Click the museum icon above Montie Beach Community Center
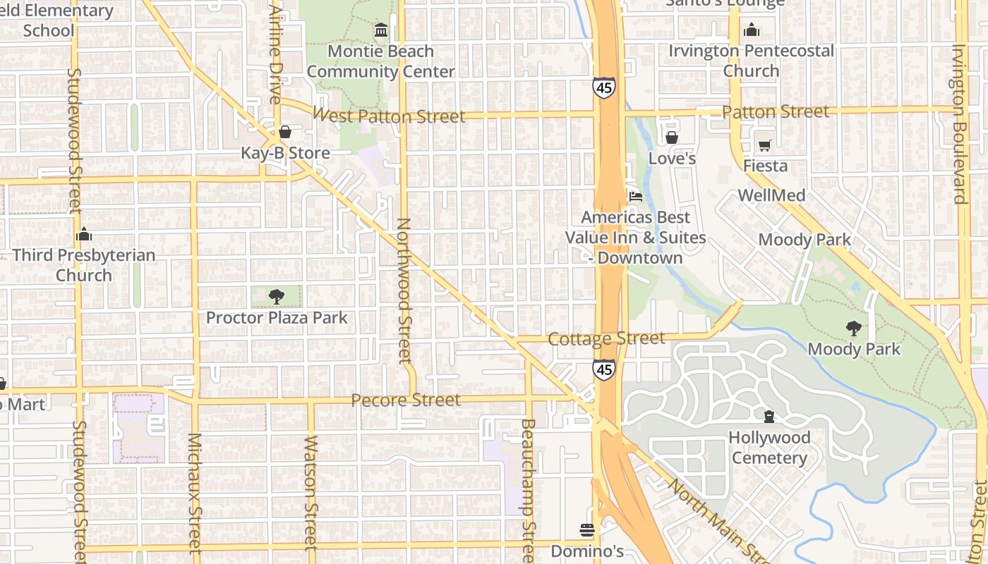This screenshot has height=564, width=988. (381, 30)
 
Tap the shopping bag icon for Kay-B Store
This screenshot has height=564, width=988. (285, 132)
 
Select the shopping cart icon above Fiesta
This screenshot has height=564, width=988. (765, 146)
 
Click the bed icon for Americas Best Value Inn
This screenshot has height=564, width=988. (635, 197)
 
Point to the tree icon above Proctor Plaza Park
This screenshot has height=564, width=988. (277, 297)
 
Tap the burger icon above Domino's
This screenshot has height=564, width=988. (587, 529)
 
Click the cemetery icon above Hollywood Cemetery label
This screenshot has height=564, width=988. (769, 417)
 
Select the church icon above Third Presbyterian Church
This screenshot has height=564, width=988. (84, 234)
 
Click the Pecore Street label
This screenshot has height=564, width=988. (406, 400)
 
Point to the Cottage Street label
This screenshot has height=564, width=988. (606, 339)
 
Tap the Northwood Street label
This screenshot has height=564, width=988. (404, 290)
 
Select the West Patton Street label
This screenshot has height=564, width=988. (389, 116)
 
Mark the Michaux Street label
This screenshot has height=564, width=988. (195, 493)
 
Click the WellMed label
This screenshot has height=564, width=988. (771, 195)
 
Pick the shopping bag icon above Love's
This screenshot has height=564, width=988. (672, 137)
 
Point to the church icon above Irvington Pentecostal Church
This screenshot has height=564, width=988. (752, 30)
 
